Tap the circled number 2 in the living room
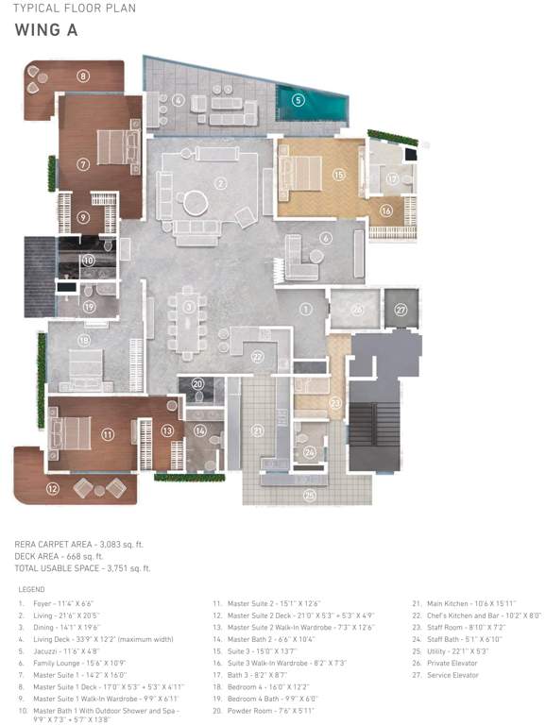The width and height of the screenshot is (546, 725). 219,183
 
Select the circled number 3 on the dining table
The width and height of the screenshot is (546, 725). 190,307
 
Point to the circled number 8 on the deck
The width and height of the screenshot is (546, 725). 83,76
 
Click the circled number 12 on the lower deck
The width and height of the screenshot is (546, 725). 53,488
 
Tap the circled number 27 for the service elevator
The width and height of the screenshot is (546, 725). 401,309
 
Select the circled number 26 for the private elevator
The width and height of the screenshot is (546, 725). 357,309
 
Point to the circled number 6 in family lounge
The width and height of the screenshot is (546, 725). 325,239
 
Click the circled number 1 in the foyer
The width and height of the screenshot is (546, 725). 305,309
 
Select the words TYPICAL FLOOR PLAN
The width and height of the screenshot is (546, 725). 74,8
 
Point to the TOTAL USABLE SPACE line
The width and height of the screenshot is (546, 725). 83,569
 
